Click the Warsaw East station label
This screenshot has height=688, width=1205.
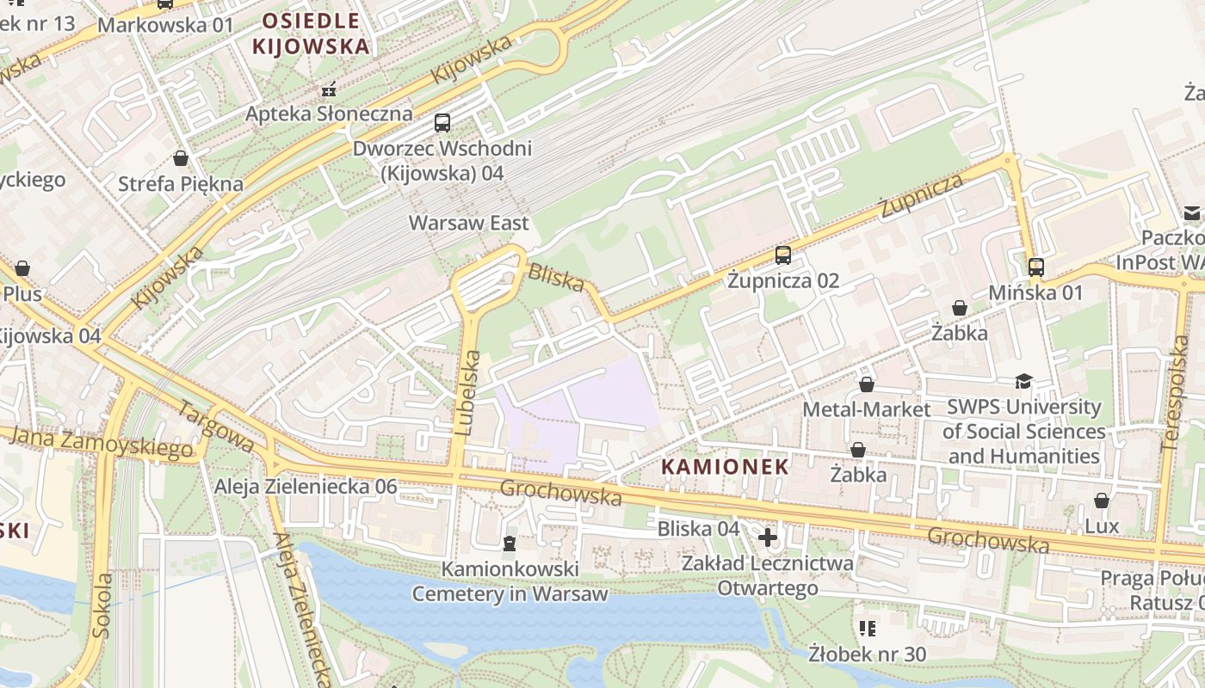pyautogui.click(x=468, y=223)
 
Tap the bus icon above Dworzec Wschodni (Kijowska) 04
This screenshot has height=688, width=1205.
pyautogui.click(x=442, y=123)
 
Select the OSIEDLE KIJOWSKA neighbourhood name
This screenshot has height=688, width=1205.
pyautogui.click(x=311, y=33)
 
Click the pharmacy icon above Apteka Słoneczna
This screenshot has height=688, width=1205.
pyautogui.click(x=328, y=89)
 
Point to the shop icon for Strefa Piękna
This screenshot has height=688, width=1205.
pyautogui.click(x=181, y=158)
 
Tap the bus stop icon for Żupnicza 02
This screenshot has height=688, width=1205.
pyautogui.click(x=782, y=255)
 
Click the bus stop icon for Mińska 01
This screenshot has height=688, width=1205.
pyautogui.click(x=1035, y=267)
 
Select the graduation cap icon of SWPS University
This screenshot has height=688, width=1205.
pyautogui.click(x=1023, y=381)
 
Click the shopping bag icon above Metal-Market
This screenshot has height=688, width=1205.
pyautogui.click(x=867, y=384)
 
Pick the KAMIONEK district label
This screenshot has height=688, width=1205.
pyautogui.click(x=725, y=467)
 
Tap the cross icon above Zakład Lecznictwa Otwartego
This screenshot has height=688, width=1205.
pyautogui.click(x=767, y=538)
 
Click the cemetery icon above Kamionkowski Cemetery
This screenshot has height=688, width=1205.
pyautogui.click(x=510, y=544)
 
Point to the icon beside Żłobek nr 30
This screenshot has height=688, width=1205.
pyautogui.click(x=867, y=629)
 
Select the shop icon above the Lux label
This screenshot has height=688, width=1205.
pyautogui.click(x=1101, y=501)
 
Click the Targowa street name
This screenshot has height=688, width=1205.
pyautogui.click(x=215, y=425)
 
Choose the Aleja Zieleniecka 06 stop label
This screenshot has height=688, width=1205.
pyautogui.click(x=306, y=487)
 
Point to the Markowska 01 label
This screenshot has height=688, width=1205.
pyautogui.click(x=165, y=24)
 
